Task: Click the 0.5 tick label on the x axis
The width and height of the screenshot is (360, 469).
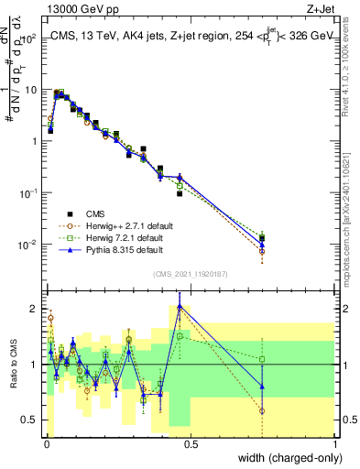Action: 191,444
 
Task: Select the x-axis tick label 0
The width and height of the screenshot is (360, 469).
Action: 46,444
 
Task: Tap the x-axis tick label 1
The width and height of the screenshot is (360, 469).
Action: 335,444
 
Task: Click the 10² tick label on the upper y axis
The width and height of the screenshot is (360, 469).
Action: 31,38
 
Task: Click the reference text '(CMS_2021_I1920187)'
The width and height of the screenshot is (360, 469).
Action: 191,273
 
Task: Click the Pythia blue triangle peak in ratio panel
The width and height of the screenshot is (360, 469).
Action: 180,306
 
